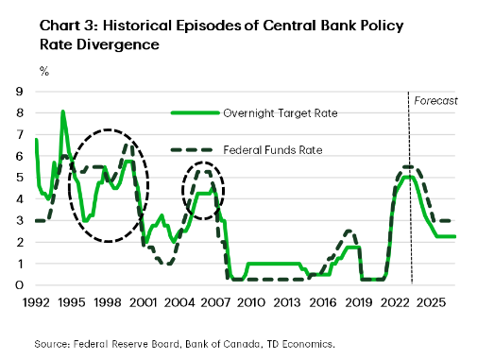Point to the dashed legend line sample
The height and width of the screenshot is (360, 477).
pyautogui.click(x=194, y=149)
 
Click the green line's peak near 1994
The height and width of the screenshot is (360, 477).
pyautogui.click(x=63, y=111)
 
